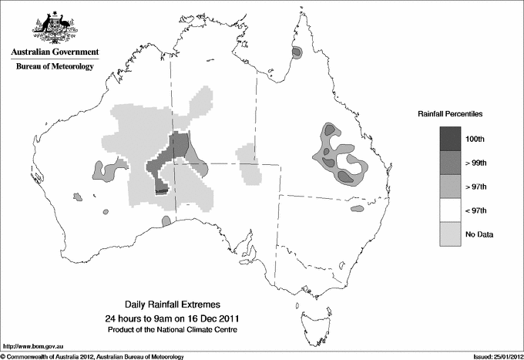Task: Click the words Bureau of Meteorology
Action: tap(54, 67)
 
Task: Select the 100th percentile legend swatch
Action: tap(451, 139)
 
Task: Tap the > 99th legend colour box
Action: tap(451, 163)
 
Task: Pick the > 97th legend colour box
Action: tap(451, 187)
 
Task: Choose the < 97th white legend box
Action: tap(451, 210)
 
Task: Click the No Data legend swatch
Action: tap(451, 234)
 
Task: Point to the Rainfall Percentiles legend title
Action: tap(450, 113)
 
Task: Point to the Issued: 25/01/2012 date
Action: tap(492, 355)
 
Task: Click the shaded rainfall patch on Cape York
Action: tap(298, 53)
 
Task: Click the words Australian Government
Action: tap(54, 52)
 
